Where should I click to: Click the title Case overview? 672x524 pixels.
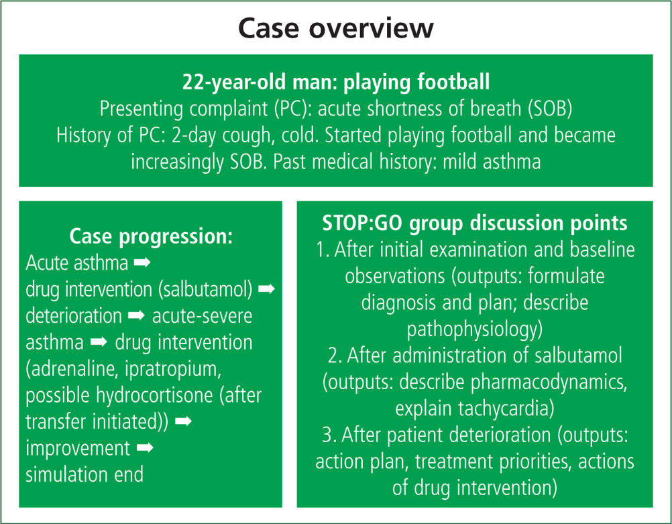pyautogui.click(x=335, y=28)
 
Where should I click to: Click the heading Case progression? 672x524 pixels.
pyautogui.click(x=151, y=236)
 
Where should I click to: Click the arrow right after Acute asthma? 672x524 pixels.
pyautogui.click(x=142, y=262)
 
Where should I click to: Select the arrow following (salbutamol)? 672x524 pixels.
pyautogui.click(x=266, y=289)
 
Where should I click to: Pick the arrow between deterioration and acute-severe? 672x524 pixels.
pyautogui.click(x=137, y=315)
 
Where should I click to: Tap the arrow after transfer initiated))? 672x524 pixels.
pyautogui.click(x=184, y=421)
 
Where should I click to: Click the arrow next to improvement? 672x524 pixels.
pyautogui.click(x=145, y=448)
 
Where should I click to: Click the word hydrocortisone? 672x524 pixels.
pyautogui.click(x=154, y=395)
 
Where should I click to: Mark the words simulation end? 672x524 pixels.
pyautogui.click(x=85, y=474)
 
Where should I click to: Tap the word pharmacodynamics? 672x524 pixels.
pyautogui.click(x=549, y=382)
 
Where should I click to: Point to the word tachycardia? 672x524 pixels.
pyautogui.click(x=504, y=409)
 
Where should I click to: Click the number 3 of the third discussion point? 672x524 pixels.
pyautogui.click(x=327, y=435)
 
